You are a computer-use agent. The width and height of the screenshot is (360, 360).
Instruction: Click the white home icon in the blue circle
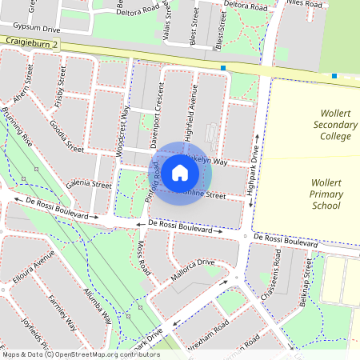pos(180,172)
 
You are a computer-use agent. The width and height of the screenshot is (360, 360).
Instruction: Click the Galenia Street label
pos(89,184)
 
